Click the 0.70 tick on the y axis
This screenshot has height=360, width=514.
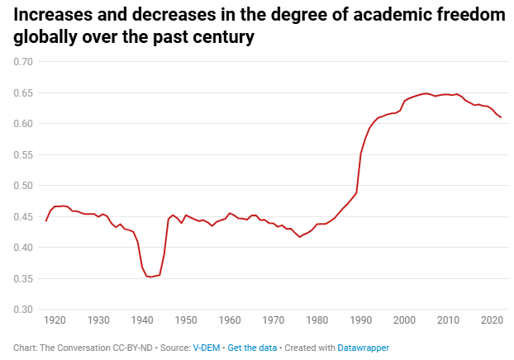coord(22,62)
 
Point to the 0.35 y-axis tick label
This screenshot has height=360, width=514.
coord(22,278)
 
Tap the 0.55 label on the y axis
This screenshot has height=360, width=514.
coord(22,154)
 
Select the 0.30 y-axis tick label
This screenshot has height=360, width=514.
coord(22,310)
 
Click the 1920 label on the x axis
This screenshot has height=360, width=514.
coord(55,320)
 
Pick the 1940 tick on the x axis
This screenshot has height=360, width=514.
coord(142,320)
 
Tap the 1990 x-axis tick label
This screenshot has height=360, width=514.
coord(360,320)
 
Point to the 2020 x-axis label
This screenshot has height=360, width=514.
coord(492,320)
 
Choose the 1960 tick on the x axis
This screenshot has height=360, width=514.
coord(230,320)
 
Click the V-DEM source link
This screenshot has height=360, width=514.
coord(206,348)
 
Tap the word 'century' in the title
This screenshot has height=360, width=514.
coord(221,38)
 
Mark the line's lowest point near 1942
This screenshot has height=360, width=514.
coord(150,277)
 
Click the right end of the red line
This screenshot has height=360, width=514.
coord(501,117)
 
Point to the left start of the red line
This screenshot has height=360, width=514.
coord(45,221)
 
